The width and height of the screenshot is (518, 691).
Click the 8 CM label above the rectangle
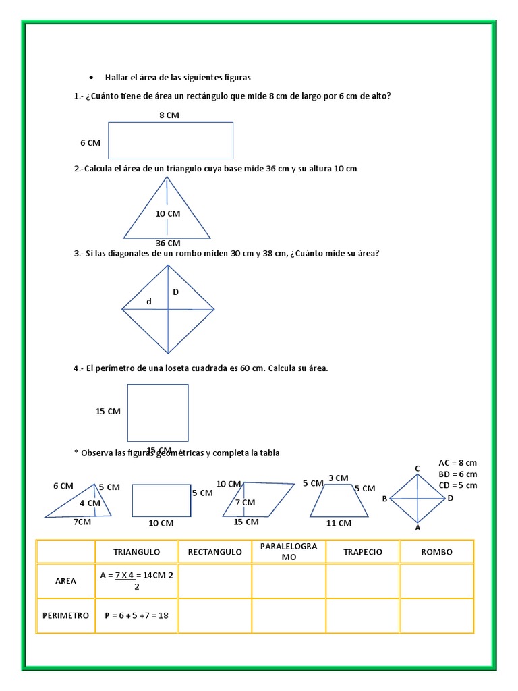tap(169, 115)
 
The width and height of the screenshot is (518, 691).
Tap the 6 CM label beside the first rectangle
tap(90, 142)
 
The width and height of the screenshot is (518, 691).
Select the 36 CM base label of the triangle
tap(168, 243)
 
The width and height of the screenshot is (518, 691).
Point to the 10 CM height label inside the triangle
tap(168, 213)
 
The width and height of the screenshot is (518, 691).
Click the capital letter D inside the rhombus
tap(175, 292)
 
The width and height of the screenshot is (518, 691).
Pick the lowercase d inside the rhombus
tap(149, 302)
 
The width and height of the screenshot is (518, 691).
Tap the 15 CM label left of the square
tap(108, 411)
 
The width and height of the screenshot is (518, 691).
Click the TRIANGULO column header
tap(137, 552)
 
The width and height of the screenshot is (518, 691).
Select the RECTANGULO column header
tap(214, 552)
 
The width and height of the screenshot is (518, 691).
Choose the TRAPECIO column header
tap(363, 552)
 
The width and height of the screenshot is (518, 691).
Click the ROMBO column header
tap(437, 552)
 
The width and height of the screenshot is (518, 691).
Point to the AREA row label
tap(65, 580)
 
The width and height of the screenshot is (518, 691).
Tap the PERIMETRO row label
tap(65, 615)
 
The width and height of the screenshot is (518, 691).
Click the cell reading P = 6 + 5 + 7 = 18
tap(136, 615)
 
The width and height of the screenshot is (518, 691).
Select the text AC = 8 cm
tap(457, 463)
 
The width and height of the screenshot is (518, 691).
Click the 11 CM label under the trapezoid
tap(339, 523)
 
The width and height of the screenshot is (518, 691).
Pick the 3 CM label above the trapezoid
tap(339, 478)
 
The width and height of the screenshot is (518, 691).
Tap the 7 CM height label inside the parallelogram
tap(245, 503)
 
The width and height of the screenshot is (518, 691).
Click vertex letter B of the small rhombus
tap(384, 499)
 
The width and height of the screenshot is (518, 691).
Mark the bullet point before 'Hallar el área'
tap(90, 78)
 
